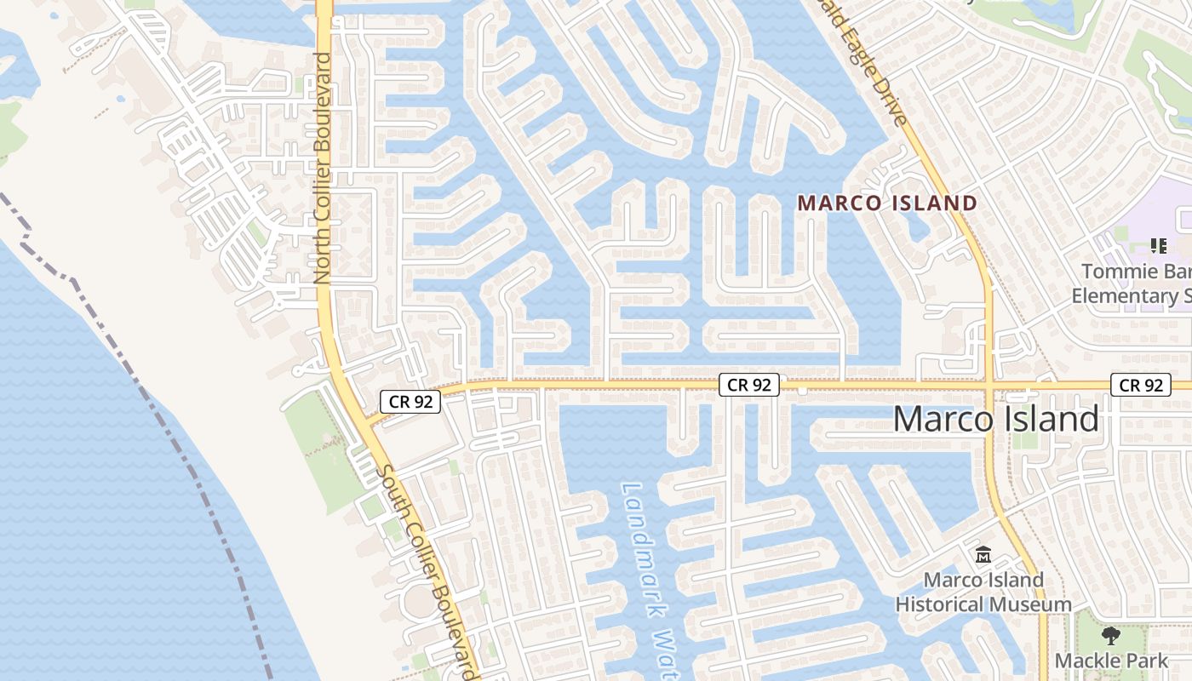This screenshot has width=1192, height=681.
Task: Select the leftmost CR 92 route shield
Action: click(x=410, y=402)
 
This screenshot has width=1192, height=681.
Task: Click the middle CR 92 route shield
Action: click(x=749, y=385)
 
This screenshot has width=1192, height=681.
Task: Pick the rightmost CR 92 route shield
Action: click(x=1141, y=385)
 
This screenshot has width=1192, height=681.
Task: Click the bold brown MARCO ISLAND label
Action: click(x=886, y=203)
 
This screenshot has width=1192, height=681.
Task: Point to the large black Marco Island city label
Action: click(x=995, y=420)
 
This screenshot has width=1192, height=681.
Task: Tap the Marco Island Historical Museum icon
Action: click(x=983, y=555)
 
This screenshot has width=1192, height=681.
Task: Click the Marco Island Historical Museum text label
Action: click(x=983, y=592)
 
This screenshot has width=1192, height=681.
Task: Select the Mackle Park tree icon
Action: click(x=1110, y=635)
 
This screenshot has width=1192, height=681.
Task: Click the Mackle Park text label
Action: click(x=1111, y=661)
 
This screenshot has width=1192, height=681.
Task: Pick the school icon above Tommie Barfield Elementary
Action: click(x=1158, y=246)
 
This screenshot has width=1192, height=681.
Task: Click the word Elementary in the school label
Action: click(x=1123, y=296)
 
